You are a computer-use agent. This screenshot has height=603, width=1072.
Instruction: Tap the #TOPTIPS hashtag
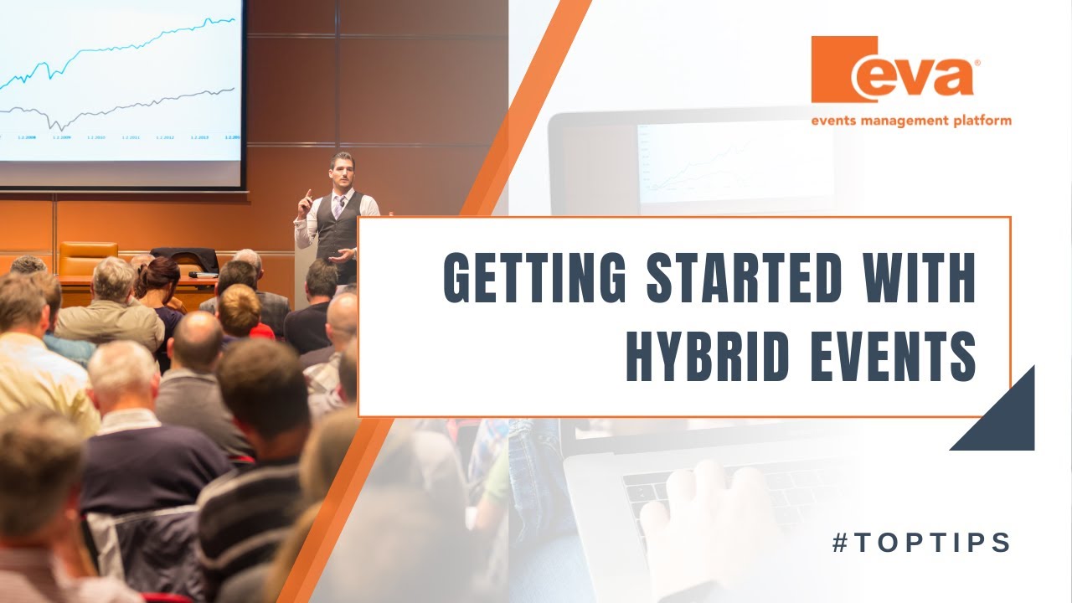[922, 543]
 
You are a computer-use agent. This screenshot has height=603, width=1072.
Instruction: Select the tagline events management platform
[910, 121]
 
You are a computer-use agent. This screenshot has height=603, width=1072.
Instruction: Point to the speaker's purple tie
[338, 205]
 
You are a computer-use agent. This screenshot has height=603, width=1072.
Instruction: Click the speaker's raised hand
[307, 199]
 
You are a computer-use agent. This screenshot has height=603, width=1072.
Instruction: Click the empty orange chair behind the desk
[87, 255]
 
